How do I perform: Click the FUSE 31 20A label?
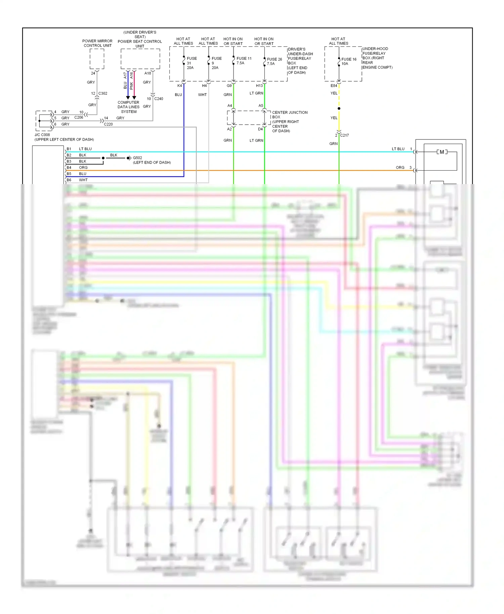(192, 63)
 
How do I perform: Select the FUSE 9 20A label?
(216, 63)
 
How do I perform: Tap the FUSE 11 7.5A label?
(244, 61)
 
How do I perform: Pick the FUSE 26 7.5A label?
(274, 61)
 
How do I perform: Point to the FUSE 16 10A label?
(348, 61)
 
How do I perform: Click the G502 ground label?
(137, 158)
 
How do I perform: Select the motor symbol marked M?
(442, 152)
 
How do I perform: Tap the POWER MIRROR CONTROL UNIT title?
(97, 43)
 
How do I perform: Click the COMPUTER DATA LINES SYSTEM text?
(128, 107)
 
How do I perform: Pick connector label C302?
(103, 93)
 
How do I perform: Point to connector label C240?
(159, 99)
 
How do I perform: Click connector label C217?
(344, 135)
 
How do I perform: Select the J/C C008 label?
(42, 135)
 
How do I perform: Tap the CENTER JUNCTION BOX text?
(289, 115)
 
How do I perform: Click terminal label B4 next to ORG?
(69, 168)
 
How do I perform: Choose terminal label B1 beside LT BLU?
(69, 149)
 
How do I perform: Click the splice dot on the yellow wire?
(339, 108)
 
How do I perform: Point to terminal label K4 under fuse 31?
(179, 86)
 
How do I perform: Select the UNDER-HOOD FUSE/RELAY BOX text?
(377, 58)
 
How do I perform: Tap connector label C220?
(108, 124)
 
